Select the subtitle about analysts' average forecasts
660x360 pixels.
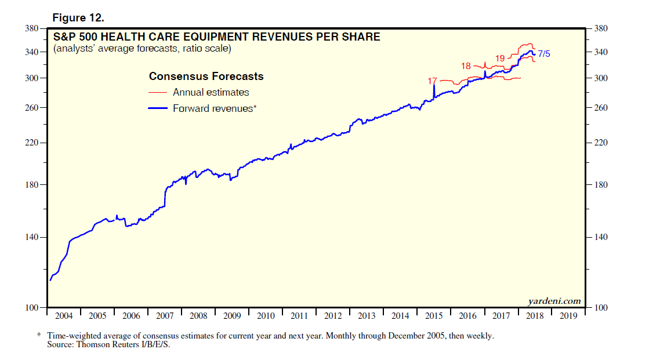[142, 49]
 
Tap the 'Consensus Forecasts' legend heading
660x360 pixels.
[206, 77]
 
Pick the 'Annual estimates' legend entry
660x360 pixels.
[211, 92]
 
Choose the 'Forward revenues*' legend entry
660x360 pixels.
[214, 108]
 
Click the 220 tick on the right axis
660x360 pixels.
[601, 143]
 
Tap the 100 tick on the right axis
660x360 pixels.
[601, 308]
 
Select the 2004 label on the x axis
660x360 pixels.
[63, 317]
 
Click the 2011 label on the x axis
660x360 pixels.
[299, 317]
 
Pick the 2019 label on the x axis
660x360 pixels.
[569, 317]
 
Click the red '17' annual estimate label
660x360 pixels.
[432, 81]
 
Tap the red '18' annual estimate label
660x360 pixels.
[466, 66]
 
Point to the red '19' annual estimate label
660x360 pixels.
[500, 58]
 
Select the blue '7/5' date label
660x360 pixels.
[544, 54]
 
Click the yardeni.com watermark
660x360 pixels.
[554, 300]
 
